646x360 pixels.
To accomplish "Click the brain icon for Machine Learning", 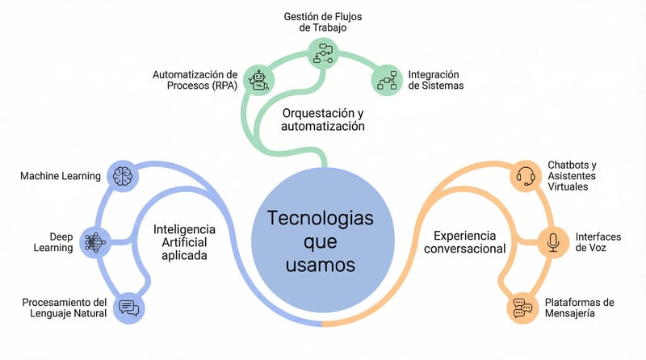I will (123, 175).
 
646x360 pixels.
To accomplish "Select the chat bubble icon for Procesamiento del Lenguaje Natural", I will (128, 307).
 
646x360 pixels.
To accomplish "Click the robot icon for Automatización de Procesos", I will (259, 79).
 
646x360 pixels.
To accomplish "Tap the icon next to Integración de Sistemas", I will (386, 80).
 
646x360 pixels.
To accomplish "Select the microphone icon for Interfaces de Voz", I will (553, 241).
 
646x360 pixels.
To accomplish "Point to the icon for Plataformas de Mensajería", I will (525, 308).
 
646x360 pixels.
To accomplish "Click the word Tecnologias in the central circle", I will (321, 218).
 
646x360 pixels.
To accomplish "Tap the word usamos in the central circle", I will (321, 265).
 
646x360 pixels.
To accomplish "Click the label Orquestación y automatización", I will (323, 119).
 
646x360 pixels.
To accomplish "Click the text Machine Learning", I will (61, 176).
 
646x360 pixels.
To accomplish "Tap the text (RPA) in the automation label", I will (220, 87).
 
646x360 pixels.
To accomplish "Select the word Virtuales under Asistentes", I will (568, 186).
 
